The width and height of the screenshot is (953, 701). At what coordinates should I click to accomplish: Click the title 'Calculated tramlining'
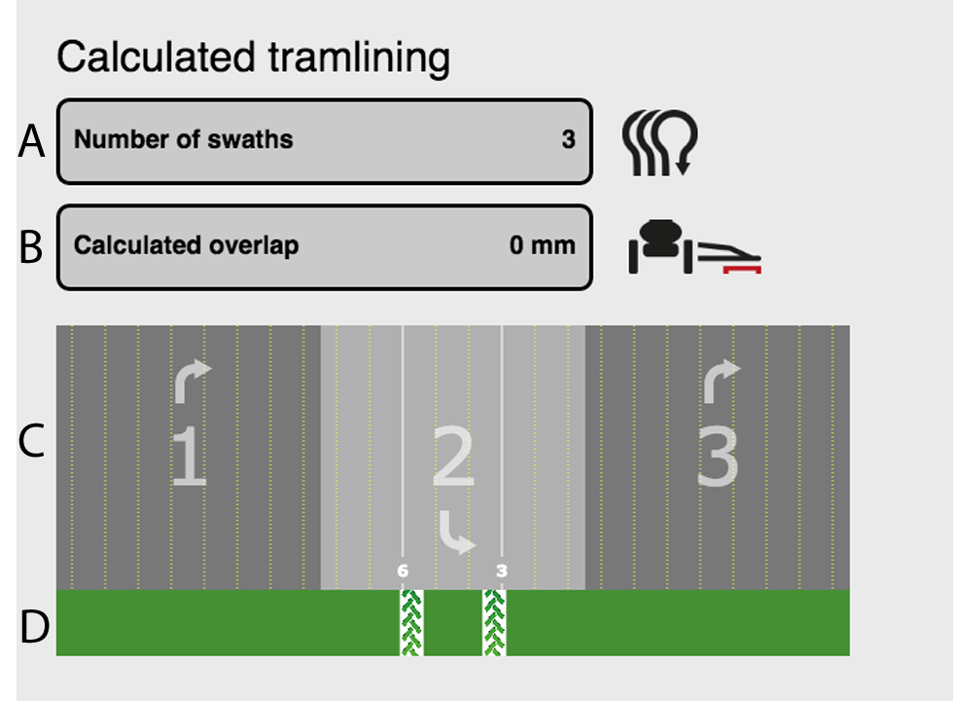[253, 58]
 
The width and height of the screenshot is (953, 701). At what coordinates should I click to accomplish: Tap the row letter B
[31, 247]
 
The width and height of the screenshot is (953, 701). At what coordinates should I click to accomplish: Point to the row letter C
[31, 440]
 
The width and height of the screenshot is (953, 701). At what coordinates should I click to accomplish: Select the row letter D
[33, 627]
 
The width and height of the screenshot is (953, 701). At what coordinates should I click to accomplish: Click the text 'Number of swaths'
[184, 139]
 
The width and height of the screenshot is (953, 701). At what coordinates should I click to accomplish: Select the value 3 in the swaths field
[568, 139]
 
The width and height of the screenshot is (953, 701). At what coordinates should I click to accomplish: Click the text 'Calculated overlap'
[186, 244]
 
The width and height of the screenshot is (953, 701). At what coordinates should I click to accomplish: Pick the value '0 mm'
[542, 244]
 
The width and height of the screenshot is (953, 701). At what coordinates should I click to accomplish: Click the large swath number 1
[189, 459]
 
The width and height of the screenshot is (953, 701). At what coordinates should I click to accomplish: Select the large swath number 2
[453, 459]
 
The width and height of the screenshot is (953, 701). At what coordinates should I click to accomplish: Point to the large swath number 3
[718, 459]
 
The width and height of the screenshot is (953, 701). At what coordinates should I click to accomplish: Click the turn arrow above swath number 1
[192, 381]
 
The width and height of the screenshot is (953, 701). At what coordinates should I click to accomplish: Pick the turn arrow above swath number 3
[721, 381]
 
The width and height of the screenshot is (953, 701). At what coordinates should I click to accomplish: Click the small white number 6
[403, 571]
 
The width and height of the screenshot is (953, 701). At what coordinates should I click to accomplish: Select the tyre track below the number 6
[411, 622]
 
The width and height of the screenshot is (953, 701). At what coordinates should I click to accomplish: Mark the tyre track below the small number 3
[494, 622]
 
